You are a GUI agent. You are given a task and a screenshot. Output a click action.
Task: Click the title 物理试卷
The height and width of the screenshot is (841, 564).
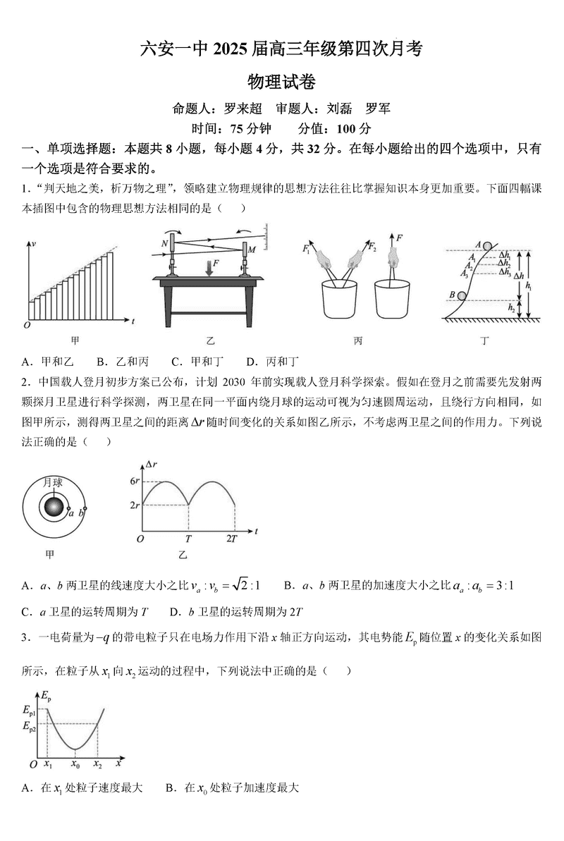coord(281,82)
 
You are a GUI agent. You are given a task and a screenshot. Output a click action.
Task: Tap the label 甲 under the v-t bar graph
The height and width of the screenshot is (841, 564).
coord(75,340)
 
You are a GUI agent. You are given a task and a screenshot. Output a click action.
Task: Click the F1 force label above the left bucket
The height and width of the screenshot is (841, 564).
coord(306,248)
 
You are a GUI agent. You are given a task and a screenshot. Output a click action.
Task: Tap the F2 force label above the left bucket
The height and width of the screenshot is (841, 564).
coord(373,247)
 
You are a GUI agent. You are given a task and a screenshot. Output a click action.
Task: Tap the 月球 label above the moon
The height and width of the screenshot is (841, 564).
coord(53,482)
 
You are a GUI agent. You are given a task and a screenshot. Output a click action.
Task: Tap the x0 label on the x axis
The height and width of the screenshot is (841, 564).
coord(75,764)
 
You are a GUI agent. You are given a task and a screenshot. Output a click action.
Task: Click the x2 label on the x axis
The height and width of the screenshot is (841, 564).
coord(97,764)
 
